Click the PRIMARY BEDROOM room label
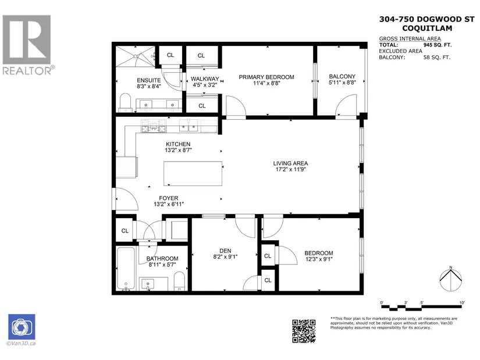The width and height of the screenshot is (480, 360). [266, 77]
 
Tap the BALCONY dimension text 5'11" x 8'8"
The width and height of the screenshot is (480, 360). [342, 83]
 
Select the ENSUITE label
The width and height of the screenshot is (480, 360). [149, 80]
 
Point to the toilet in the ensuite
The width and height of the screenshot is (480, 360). [125, 102]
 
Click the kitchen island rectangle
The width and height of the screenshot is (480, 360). [193, 173]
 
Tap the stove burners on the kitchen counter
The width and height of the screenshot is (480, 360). [154, 126]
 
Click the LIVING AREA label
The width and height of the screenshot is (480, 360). [290, 163]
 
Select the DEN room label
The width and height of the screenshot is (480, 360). [225, 251]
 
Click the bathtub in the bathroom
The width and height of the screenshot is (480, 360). [126, 269]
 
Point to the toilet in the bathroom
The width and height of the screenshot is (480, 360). [179, 281]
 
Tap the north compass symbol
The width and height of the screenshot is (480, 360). [450, 280]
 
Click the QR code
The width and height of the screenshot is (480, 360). [304, 332]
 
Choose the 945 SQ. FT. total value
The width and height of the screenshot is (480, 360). [438, 45]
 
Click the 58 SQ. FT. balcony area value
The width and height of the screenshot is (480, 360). [437, 57]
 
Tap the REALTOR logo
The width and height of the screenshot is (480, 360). [27, 45]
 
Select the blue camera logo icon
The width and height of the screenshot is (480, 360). [22, 327]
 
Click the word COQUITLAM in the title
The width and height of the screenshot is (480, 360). [427, 28]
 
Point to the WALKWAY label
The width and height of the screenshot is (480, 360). [205, 79]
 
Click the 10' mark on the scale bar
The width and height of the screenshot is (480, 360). [462, 303]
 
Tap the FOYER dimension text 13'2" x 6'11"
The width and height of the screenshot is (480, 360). [169, 204]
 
